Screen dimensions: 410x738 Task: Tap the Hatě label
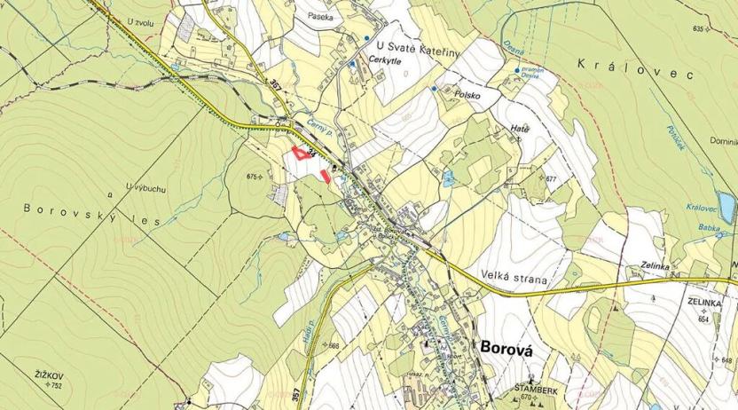tap(520, 130)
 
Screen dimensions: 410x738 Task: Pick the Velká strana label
tap(518, 275)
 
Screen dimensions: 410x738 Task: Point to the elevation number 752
tap(57, 386)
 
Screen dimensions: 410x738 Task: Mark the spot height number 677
tap(552, 179)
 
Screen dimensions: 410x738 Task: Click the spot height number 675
tap(253, 177)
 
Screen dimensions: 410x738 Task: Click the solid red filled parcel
tap(326, 176)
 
